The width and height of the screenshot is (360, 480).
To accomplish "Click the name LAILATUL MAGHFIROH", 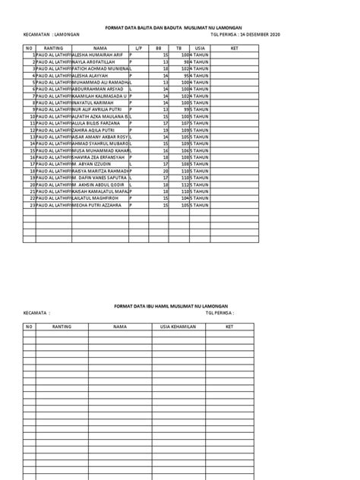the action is (x=96, y=198).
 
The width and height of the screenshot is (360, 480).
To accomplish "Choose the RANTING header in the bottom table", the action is (x=62, y=326).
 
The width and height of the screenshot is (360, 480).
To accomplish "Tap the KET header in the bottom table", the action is (x=229, y=326).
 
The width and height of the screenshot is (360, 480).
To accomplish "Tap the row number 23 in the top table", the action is (x=33, y=205).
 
